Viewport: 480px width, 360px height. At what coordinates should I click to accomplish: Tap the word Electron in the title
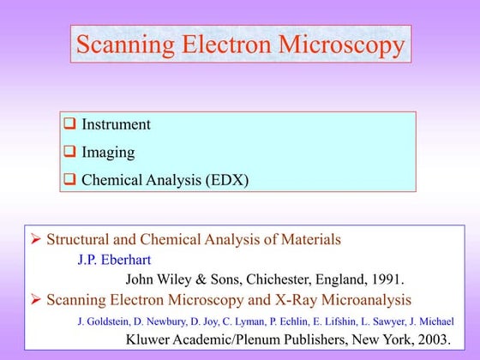[x=225, y=45]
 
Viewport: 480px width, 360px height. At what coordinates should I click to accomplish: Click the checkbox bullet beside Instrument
[x=71, y=125]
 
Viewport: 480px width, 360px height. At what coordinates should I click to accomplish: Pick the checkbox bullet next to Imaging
[x=71, y=153]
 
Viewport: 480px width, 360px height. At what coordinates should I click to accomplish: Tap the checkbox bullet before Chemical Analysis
[x=71, y=181]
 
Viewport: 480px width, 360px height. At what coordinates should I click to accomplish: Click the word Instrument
[x=116, y=125]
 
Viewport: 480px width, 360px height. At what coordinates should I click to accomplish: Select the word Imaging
[x=108, y=153]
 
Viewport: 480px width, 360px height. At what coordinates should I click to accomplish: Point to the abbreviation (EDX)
[x=225, y=181]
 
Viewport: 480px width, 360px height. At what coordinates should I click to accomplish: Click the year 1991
[x=387, y=279]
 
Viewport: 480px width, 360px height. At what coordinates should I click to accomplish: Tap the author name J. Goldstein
[x=103, y=321]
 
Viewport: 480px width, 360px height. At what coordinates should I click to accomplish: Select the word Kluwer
[x=151, y=339]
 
